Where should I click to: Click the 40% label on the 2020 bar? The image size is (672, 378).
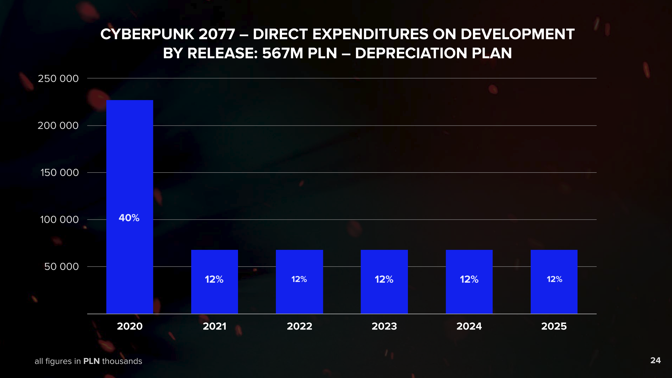[x=129, y=218]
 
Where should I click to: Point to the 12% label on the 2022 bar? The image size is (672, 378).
[x=299, y=279]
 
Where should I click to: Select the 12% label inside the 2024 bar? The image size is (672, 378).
[x=469, y=279]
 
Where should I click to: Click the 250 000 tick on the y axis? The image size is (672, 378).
[x=58, y=79]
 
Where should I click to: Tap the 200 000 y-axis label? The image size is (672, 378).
[x=58, y=126]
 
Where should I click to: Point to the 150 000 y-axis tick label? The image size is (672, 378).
[x=59, y=173]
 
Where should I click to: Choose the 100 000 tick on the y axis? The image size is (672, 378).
[x=59, y=220]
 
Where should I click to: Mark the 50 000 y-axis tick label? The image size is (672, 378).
[x=61, y=267]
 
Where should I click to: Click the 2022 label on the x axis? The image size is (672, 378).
[x=299, y=326]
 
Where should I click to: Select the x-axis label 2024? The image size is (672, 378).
[x=469, y=326]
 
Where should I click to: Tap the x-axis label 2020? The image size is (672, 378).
[x=130, y=326]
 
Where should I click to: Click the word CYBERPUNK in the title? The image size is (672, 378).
[x=147, y=34]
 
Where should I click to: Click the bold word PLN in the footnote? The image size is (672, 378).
[x=91, y=361]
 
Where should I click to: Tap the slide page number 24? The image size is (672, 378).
[x=655, y=360]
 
